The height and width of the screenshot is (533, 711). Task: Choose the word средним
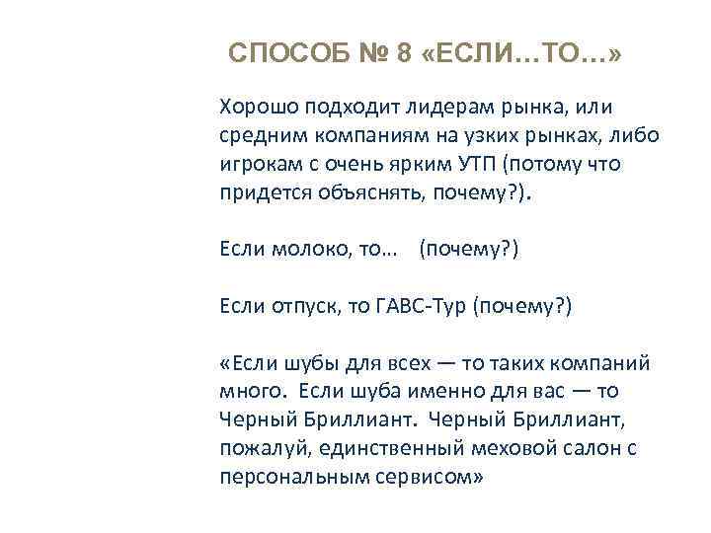coord(261,135)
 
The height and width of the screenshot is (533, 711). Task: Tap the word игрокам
coord(260,164)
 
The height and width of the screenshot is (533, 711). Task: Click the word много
coord(251,393)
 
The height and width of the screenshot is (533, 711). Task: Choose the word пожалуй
coord(262,450)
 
